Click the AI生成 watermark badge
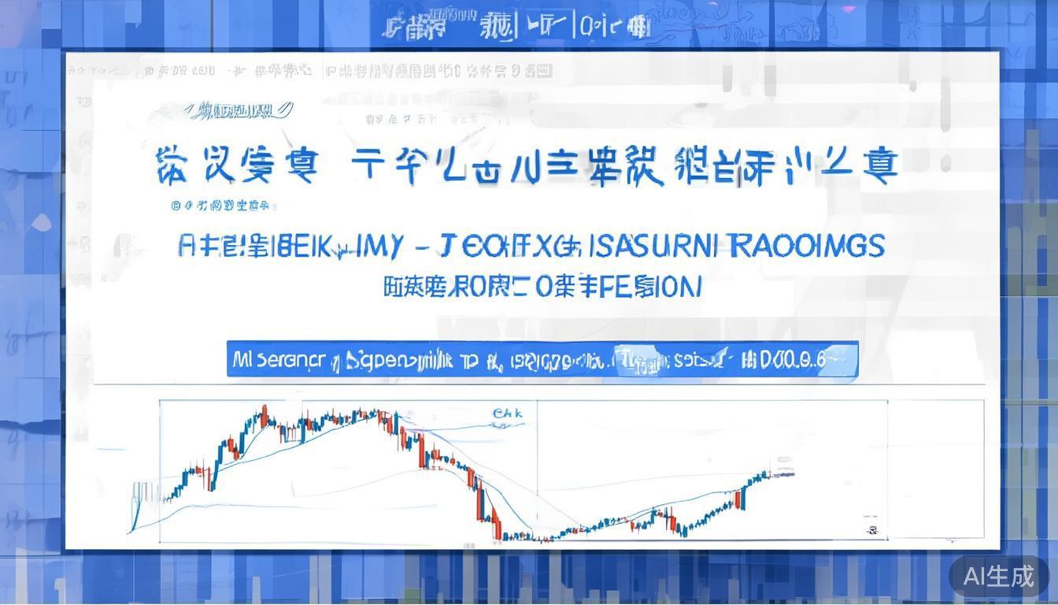coord(999,576)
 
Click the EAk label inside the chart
coord(507,413)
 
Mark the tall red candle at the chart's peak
coord(264,415)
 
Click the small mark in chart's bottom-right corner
coord(871,529)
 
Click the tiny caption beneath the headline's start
coord(221,206)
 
